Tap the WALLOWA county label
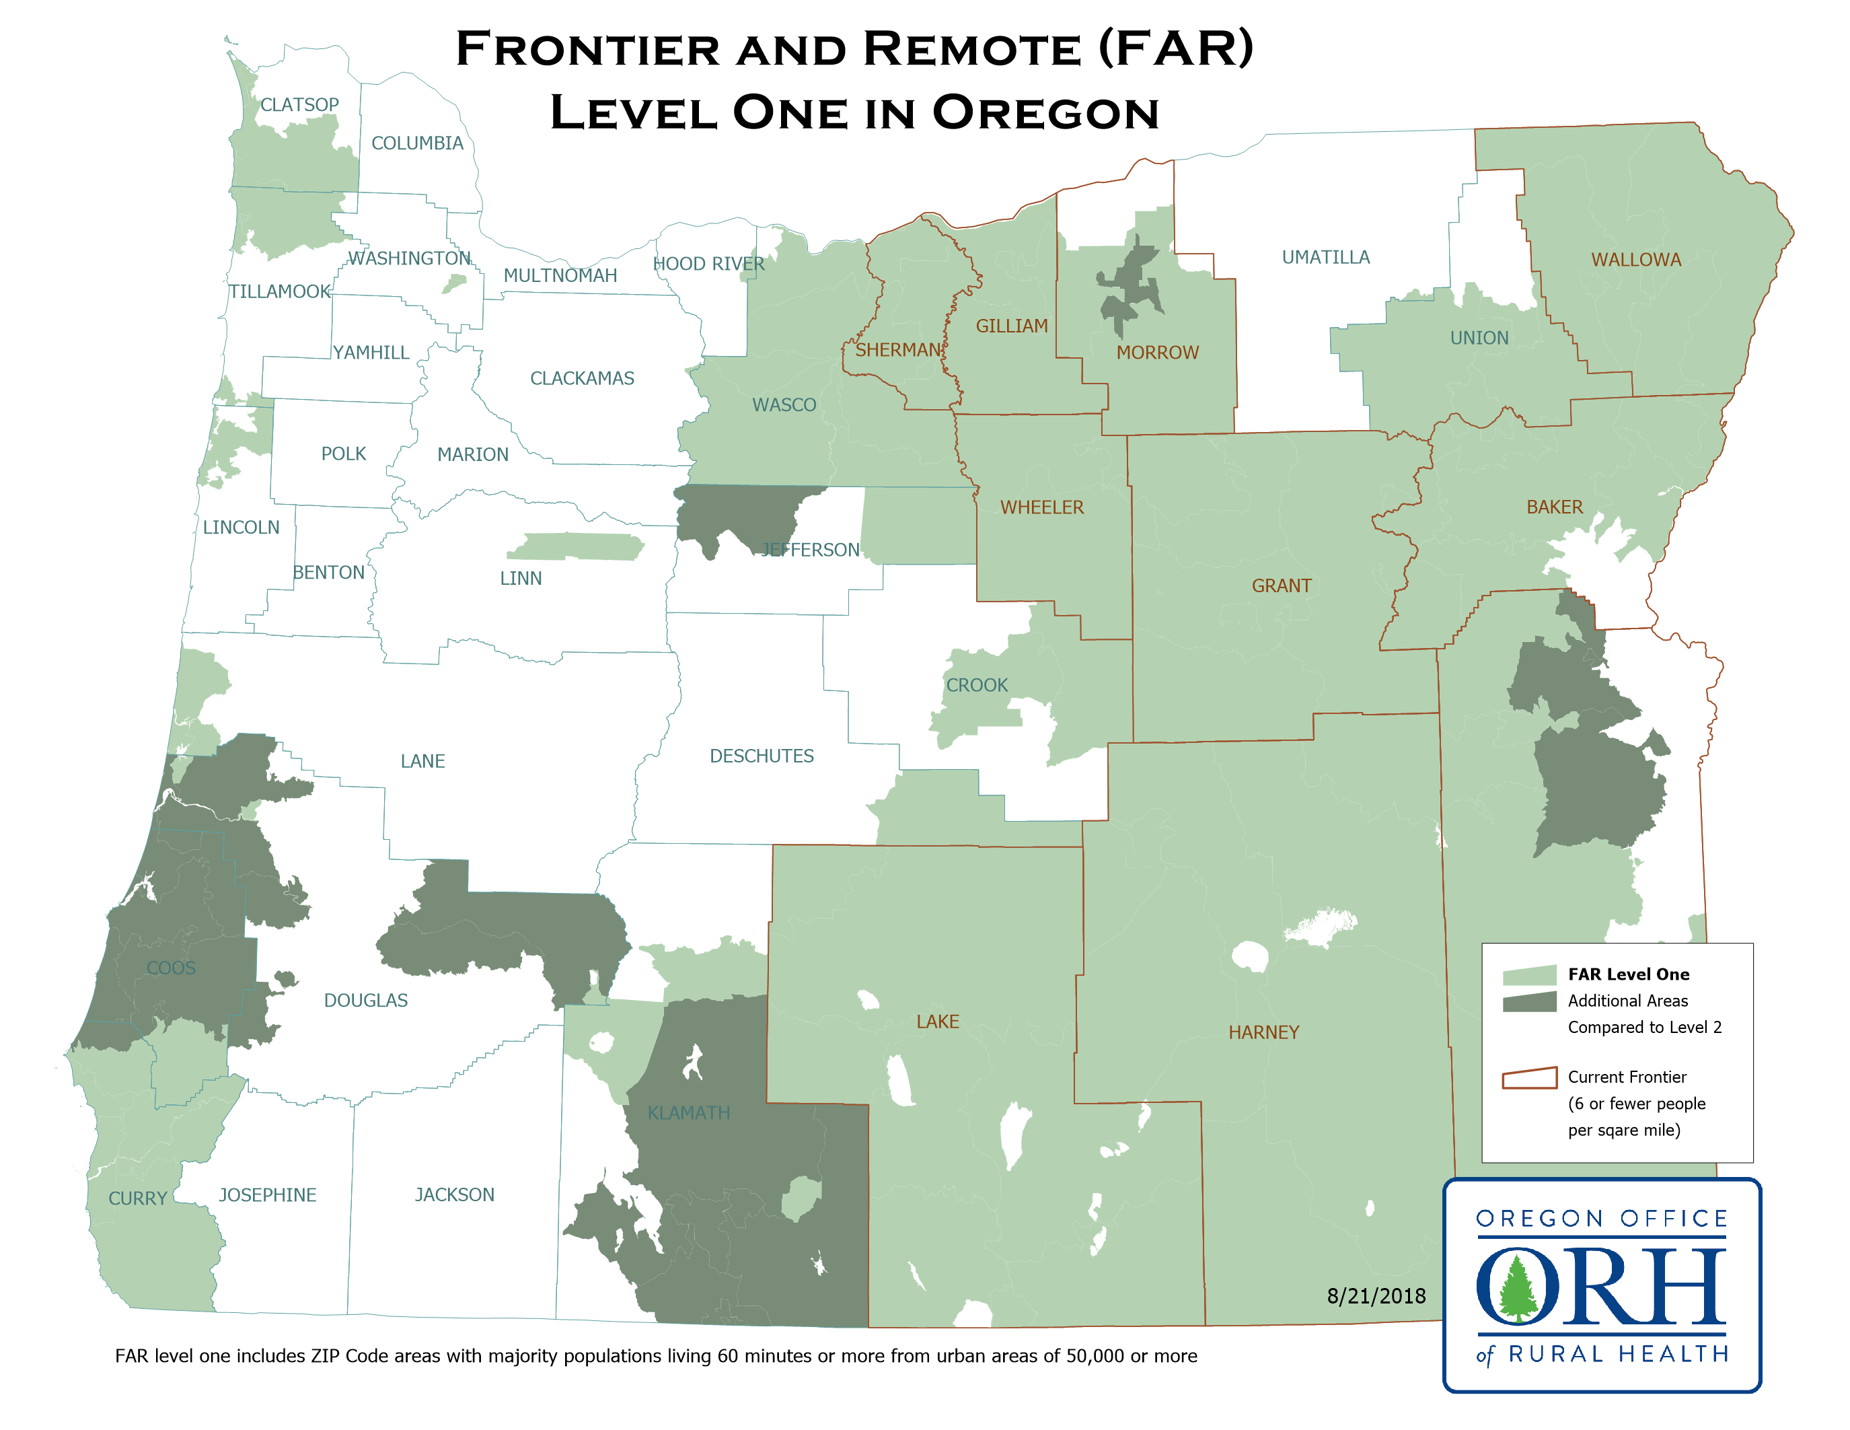pyautogui.click(x=1635, y=260)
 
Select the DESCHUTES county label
pyautogui.click(x=761, y=756)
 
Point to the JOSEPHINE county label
pyautogui.click(x=268, y=1194)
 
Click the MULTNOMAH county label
pyautogui.click(x=560, y=275)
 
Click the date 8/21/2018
pyautogui.click(x=1376, y=1295)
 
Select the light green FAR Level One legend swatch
pyautogui.click(x=1529, y=975)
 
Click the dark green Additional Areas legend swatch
pyautogui.click(x=1529, y=1002)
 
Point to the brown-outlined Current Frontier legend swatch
pyautogui.click(x=1529, y=1077)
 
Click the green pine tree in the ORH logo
pyautogui.click(x=1516, y=1288)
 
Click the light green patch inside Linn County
pyautogui.click(x=576, y=546)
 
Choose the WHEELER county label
pyautogui.click(x=1041, y=507)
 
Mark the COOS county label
pyautogui.click(x=170, y=968)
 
